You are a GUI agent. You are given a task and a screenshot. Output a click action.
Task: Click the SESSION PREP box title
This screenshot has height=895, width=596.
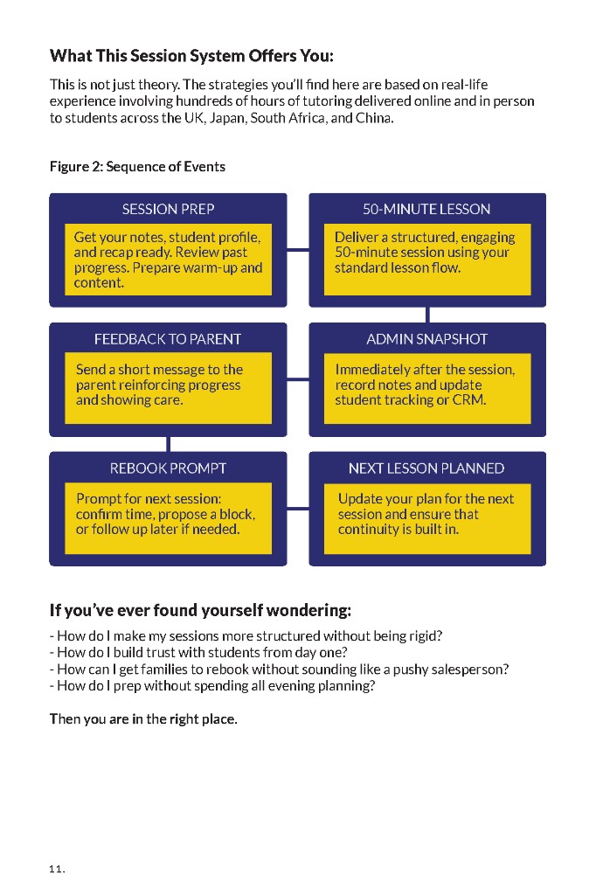168,209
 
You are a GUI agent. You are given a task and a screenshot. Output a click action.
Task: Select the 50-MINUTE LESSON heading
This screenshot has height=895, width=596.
426,209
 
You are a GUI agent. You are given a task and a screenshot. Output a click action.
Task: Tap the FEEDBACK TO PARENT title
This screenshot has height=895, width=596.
168,339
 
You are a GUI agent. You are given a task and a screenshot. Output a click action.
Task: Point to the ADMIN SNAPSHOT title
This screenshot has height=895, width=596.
426,339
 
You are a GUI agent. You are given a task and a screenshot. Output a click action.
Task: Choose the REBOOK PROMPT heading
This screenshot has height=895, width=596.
168,468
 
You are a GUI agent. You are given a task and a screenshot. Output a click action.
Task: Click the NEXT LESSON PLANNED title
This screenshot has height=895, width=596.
426,468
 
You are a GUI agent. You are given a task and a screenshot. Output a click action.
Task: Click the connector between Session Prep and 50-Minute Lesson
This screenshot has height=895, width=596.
298,250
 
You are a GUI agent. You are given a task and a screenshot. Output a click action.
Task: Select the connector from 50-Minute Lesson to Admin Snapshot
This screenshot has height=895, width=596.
427,315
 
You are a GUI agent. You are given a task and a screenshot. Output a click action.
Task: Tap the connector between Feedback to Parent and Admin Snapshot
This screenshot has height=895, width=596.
298,379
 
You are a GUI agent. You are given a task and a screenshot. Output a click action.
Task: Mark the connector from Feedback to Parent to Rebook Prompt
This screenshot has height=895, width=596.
169,445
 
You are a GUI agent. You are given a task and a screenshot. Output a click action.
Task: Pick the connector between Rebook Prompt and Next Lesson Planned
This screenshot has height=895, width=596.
298,509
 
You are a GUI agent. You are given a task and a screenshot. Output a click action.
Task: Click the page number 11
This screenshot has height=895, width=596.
57,869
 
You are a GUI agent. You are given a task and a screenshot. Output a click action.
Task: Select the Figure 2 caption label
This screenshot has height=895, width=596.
137,167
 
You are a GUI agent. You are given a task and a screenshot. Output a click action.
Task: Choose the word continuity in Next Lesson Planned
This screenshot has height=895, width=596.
367,530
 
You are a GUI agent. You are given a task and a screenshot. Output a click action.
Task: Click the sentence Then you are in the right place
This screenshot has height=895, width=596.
143,719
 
